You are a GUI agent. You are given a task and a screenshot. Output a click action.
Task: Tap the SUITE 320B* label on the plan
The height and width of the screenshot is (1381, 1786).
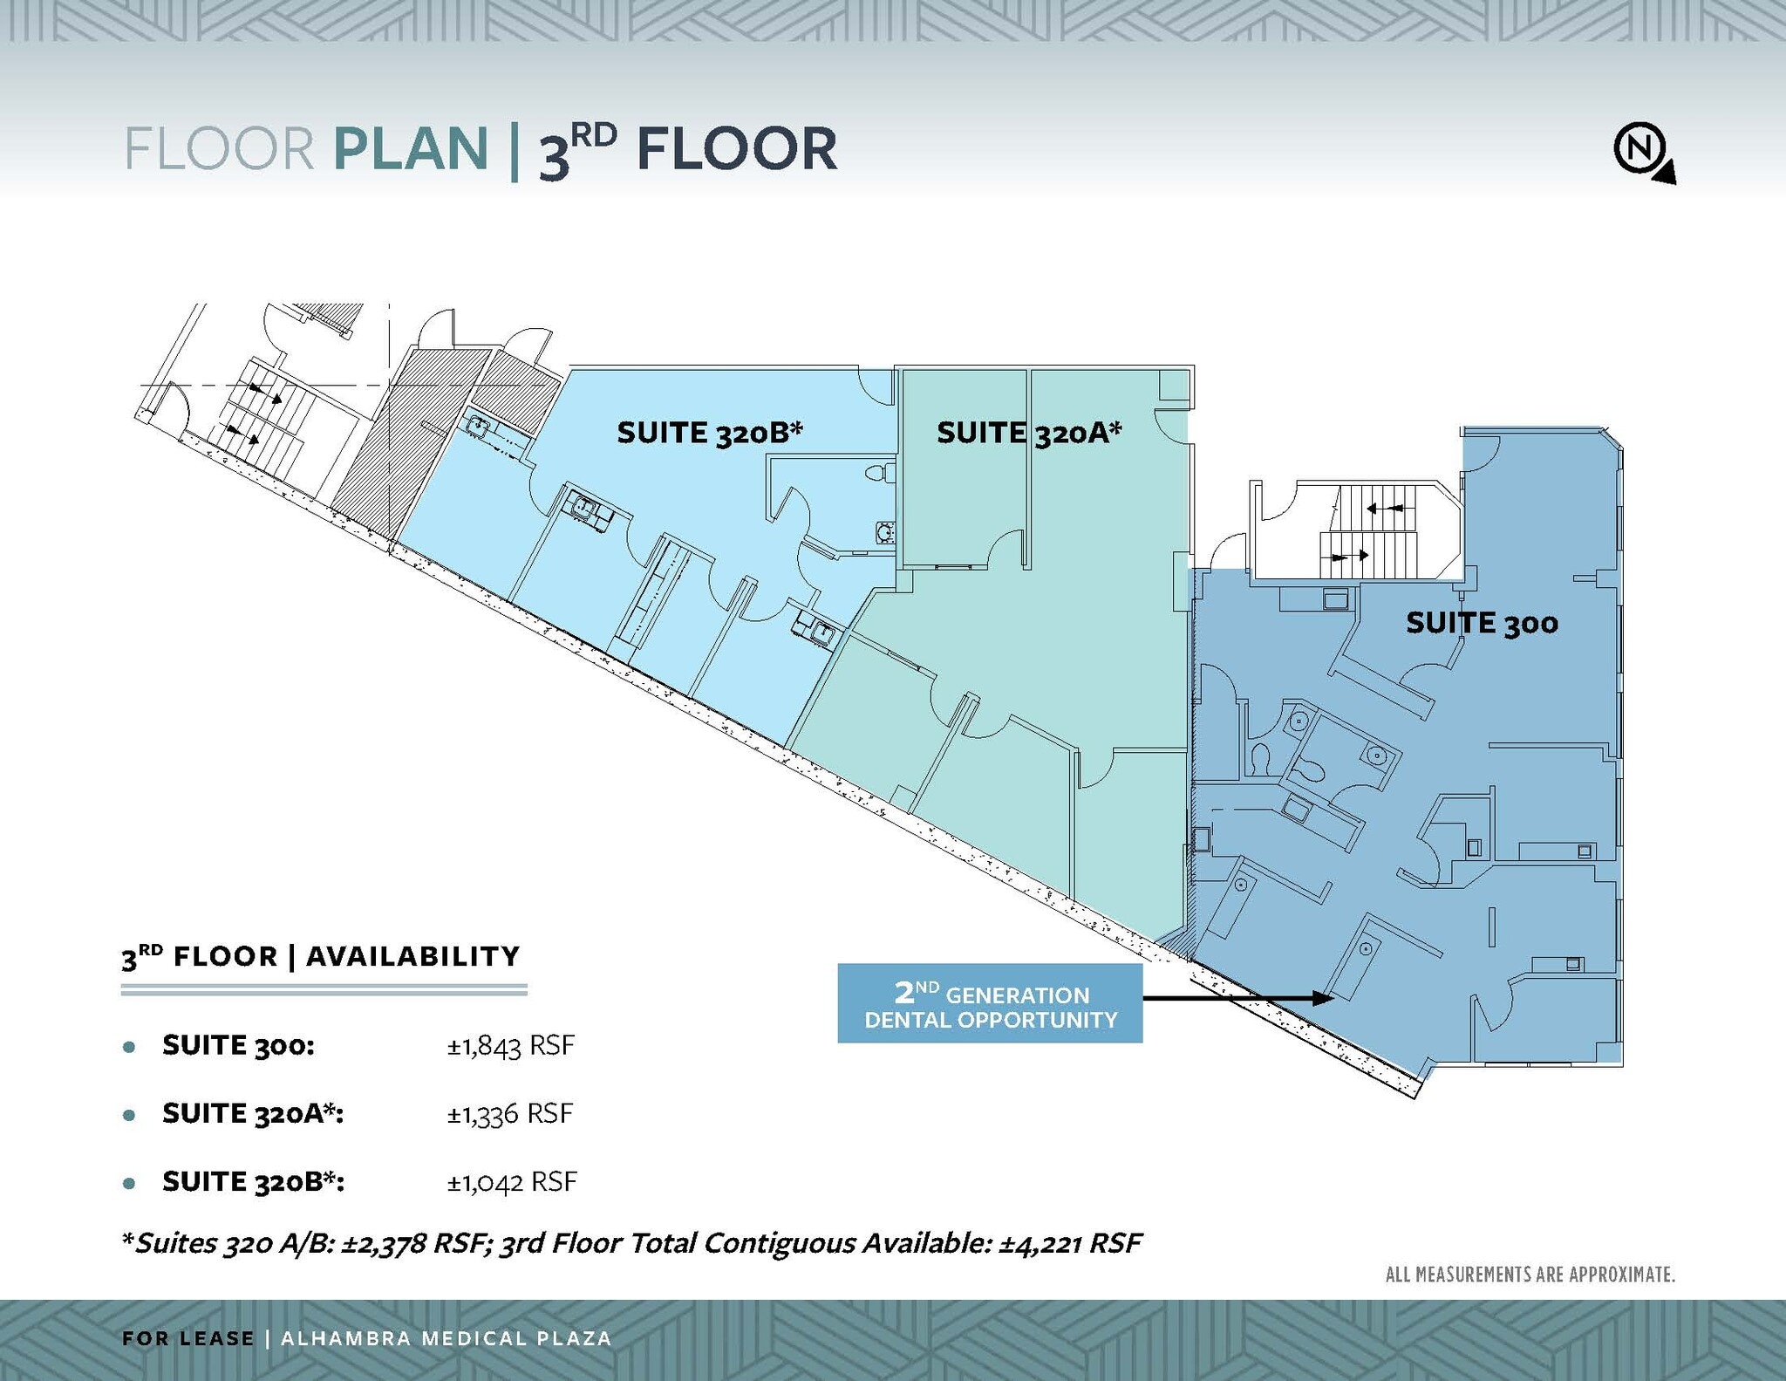[x=709, y=433]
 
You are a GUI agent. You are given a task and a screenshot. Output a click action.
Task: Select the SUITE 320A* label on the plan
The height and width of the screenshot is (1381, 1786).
[x=1029, y=433]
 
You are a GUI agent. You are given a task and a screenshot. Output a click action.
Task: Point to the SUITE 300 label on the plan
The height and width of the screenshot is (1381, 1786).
[x=1482, y=623]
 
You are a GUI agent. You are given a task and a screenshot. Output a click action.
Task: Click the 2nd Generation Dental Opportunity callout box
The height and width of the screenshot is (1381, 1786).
[x=990, y=1003]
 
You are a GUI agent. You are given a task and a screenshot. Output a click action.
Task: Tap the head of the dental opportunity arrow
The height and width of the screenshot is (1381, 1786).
[x=1325, y=998]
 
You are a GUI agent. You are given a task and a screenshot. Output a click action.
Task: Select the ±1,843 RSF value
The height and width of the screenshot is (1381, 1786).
[x=511, y=1045]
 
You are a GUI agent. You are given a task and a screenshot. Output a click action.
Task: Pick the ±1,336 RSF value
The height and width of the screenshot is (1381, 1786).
[x=510, y=1113]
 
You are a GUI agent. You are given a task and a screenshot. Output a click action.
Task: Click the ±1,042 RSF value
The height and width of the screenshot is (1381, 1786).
[x=512, y=1182]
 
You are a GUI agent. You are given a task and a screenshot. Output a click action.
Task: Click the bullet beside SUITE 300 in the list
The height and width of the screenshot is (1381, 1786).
[x=129, y=1047]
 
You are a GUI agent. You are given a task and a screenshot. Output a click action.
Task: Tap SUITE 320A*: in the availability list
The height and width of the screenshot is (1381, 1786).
[x=253, y=1113]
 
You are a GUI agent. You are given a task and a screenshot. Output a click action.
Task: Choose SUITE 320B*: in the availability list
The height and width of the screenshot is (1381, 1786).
[x=253, y=1182]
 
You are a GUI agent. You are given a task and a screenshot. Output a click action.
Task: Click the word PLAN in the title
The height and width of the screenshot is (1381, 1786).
[x=411, y=149]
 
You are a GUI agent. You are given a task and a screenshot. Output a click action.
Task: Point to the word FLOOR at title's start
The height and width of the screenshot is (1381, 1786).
[x=219, y=149]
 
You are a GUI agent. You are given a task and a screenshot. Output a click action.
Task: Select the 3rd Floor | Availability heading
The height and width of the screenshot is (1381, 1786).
[x=321, y=957]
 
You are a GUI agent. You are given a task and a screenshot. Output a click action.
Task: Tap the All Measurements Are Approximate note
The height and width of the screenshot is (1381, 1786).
[x=1530, y=1275]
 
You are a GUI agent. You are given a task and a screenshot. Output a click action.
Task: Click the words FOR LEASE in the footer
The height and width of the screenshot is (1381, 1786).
[x=188, y=1338]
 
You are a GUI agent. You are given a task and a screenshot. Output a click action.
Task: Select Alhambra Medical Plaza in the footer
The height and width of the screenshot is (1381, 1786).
[x=446, y=1338]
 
